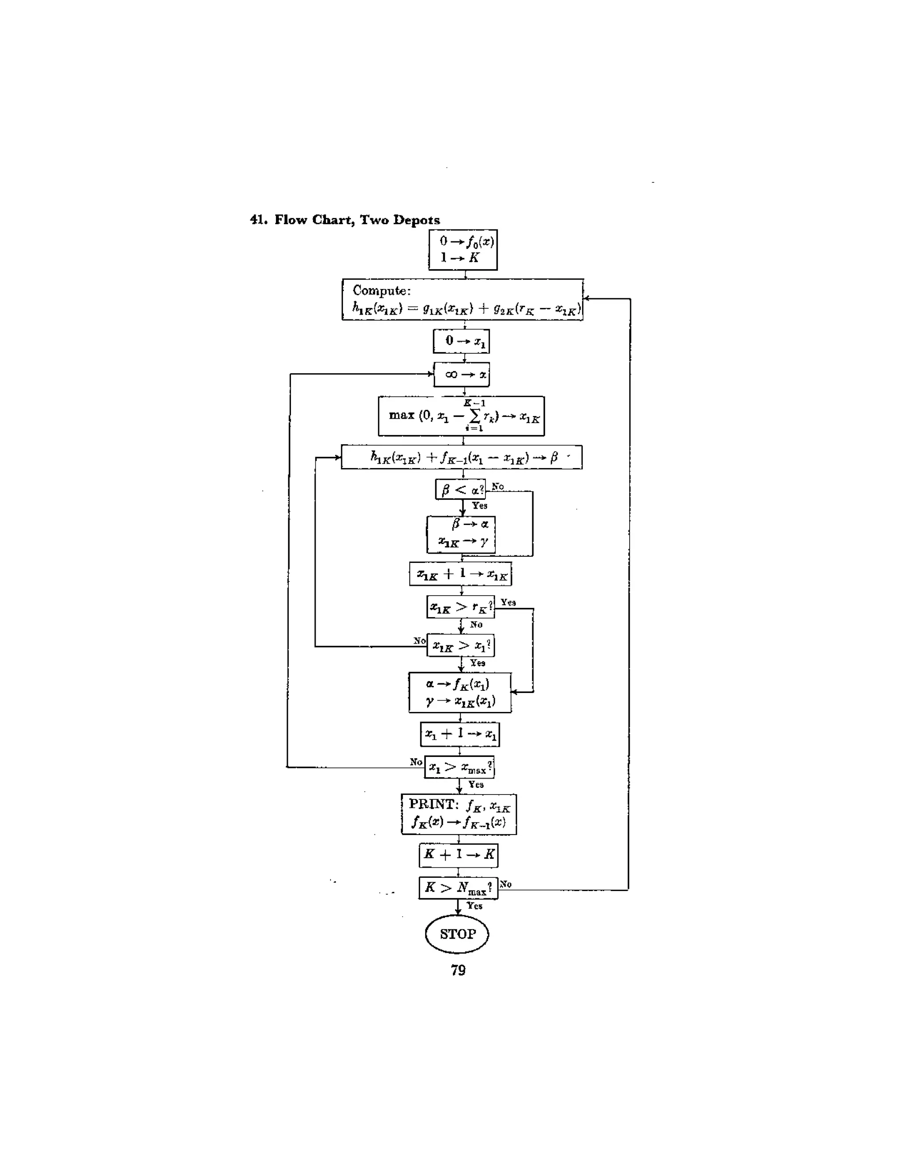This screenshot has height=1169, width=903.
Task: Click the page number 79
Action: point(458,970)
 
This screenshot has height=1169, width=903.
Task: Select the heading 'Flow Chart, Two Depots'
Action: point(357,220)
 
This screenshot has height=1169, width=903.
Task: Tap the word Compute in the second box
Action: point(381,291)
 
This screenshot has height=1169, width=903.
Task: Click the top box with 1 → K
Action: point(463,250)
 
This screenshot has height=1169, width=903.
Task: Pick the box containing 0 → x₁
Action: point(461,341)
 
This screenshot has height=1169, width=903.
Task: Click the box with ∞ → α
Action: point(461,374)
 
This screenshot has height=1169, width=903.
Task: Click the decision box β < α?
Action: point(460,489)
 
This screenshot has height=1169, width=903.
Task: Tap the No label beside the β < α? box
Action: point(497,486)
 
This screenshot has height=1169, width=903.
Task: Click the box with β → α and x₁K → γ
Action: point(461,534)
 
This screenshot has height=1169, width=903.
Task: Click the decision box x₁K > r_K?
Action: point(460,607)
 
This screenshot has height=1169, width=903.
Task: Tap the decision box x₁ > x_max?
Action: point(459,767)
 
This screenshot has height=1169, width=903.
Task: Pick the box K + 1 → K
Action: point(459,855)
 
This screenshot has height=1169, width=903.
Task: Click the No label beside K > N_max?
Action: point(506,884)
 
